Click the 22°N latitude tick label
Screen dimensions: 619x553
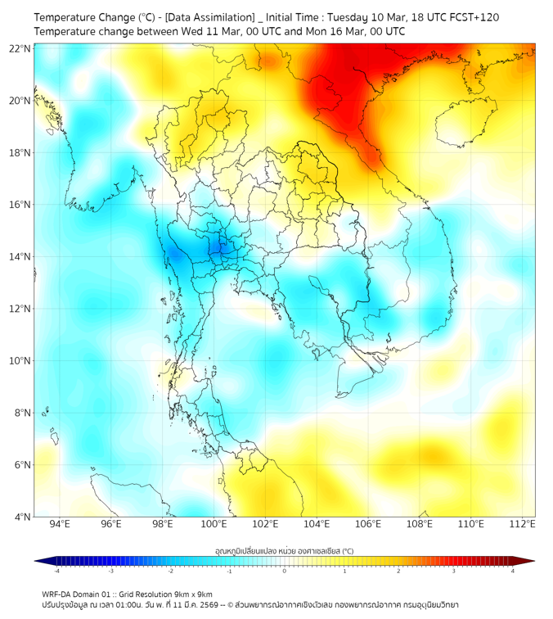point(20,48)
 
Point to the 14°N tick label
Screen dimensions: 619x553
point(20,256)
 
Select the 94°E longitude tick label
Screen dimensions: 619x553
point(60,524)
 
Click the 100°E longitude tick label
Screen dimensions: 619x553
point(214,524)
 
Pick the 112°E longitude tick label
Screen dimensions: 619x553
point(523,524)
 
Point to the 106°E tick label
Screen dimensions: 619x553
point(368,524)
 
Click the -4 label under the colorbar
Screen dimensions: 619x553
point(56,571)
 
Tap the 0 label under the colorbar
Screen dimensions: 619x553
point(285,571)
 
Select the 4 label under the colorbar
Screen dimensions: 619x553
point(512,571)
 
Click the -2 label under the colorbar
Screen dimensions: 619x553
point(169,571)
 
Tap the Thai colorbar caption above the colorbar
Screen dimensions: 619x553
point(284,551)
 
